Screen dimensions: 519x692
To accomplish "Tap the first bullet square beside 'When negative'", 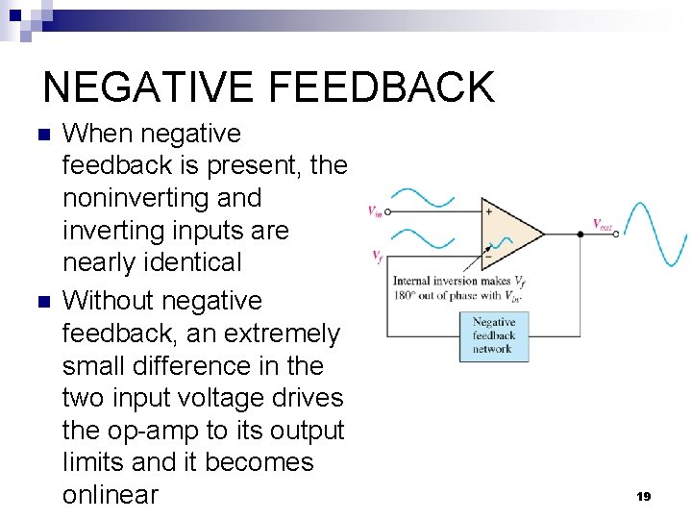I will tap(39, 135).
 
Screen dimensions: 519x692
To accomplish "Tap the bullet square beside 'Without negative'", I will tap(39, 302).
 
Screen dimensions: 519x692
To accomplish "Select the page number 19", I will tap(643, 496).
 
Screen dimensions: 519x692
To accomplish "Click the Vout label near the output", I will tap(603, 224).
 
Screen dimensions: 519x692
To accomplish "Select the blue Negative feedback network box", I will tap(493, 336).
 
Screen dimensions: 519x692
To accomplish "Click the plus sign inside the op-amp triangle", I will tap(488, 211).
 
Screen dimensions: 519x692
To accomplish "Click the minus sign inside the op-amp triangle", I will tap(488, 257).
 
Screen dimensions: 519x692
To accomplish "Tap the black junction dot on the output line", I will tap(581, 233).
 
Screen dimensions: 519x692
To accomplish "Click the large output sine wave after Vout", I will tap(657, 233).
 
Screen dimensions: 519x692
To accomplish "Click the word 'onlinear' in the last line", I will tap(110, 495).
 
